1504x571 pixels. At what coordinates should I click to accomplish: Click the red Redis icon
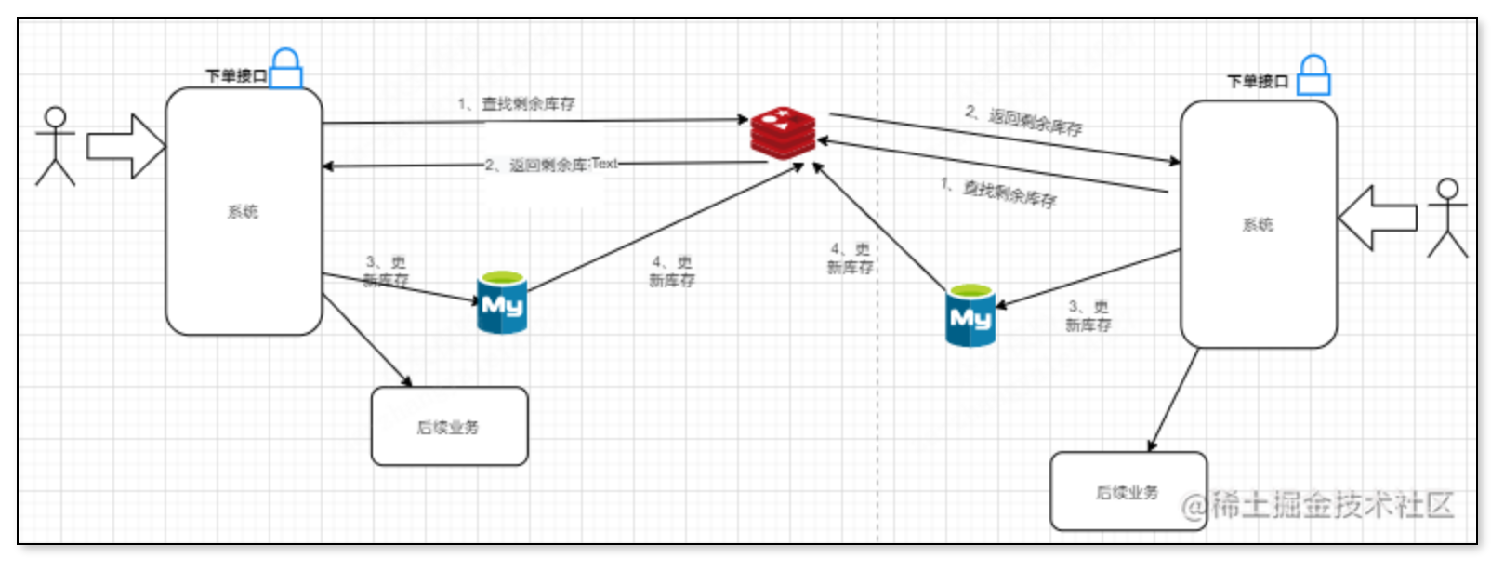click(783, 132)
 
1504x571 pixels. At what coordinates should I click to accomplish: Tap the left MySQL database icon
click(502, 302)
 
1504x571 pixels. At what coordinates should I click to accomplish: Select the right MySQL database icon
click(970, 316)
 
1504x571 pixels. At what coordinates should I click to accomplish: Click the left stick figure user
click(55, 146)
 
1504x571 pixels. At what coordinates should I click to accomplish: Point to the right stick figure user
click(1446, 218)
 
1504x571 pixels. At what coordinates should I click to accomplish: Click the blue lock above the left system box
click(286, 69)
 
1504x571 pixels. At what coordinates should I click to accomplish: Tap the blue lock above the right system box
click(1313, 75)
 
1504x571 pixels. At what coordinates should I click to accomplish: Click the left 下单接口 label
click(236, 75)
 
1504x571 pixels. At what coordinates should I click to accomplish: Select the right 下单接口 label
click(1258, 82)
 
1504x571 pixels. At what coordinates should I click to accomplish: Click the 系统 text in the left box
click(243, 212)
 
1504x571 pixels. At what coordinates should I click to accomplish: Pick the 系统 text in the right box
click(1258, 225)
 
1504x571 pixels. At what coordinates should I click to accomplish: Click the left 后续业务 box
click(449, 427)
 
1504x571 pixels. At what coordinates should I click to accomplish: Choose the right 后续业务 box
click(1128, 492)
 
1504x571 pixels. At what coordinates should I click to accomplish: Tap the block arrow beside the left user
click(125, 146)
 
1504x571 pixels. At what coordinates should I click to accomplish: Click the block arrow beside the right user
click(1377, 218)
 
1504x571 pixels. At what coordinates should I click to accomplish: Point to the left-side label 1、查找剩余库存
click(516, 104)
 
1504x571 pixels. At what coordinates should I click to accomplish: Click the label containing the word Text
click(551, 165)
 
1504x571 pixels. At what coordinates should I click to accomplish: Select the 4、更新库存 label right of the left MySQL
click(671, 271)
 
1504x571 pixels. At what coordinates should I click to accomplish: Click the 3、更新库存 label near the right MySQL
click(1088, 315)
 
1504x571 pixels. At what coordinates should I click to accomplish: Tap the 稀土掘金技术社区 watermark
click(1317, 505)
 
